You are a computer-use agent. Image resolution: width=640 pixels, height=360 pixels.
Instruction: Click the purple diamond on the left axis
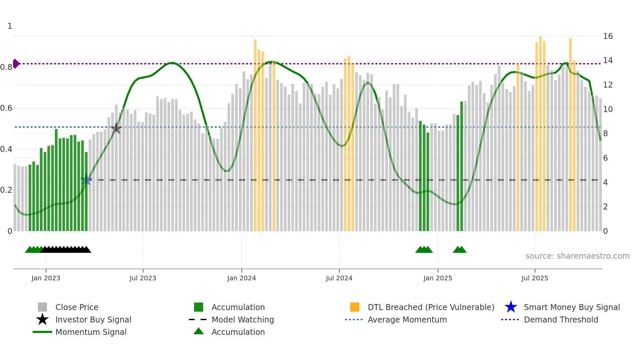click(16, 64)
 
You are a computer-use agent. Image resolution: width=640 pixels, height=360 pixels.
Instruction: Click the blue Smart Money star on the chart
click(86, 180)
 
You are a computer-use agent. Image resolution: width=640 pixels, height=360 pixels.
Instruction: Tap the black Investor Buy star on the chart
click(116, 128)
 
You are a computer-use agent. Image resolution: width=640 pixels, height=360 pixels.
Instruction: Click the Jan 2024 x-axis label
click(241, 278)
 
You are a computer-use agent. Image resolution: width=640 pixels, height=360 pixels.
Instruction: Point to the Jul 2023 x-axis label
click(143, 278)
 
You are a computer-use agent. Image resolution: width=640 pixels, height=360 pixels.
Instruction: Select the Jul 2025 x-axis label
click(535, 278)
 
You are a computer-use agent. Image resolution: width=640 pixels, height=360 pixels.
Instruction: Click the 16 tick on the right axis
click(608, 36)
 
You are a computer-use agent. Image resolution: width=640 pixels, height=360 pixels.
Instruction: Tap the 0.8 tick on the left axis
click(7, 67)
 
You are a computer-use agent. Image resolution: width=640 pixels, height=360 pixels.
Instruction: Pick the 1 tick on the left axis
click(10, 26)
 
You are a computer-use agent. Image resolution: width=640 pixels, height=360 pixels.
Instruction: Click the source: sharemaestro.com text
click(577, 256)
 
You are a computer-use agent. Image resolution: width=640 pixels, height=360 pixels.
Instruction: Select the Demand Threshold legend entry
click(561, 319)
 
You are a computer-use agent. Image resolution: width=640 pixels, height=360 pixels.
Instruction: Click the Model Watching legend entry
click(242, 319)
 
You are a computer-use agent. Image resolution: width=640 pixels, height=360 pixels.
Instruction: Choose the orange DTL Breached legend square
click(355, 307)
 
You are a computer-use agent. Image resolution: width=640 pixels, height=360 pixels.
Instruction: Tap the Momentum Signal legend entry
click(91, 332)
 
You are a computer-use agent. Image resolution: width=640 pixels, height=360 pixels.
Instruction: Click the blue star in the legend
click(511, 307)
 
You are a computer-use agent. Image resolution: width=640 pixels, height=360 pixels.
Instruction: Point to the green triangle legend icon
click(199, 331)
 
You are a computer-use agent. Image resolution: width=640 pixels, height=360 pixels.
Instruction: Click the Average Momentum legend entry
click(407, 319)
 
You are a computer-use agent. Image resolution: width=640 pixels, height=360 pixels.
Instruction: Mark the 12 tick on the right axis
click(608, 85)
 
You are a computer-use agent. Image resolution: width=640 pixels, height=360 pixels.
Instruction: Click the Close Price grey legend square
click(42, 307)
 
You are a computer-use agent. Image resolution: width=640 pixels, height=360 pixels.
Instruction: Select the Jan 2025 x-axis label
click(438, 278)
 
